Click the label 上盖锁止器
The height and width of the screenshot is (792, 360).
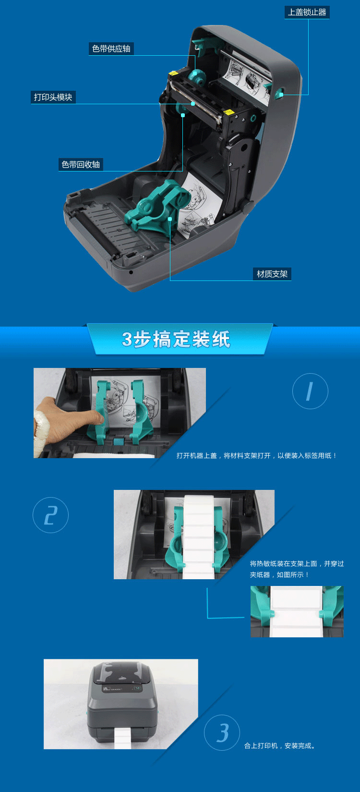(x=307, y=12)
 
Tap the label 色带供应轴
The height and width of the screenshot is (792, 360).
(x=111, y=49)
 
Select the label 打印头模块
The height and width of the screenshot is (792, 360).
(x=53, y=97)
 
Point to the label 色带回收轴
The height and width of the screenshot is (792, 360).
(x=81, y=164)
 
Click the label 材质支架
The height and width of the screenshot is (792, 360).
(x=272, y=274)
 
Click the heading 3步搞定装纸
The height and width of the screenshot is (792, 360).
(x=176, y=339)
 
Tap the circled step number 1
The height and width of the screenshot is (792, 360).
(x=310, y=391)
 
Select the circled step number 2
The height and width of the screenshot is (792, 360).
(x=50, y=515)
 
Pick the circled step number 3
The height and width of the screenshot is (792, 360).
(x=222, y=732)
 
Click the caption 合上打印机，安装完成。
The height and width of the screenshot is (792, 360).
(x=279, y=746)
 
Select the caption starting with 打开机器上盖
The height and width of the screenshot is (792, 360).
(x=257, y=455)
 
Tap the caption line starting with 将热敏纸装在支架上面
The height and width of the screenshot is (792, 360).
(x=297, y=563)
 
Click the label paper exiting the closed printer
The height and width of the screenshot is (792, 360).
(x=122, y=739)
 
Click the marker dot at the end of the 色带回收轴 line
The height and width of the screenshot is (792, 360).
(x=183, y=115)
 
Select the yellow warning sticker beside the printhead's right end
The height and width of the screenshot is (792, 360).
(x=229, y=112)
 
